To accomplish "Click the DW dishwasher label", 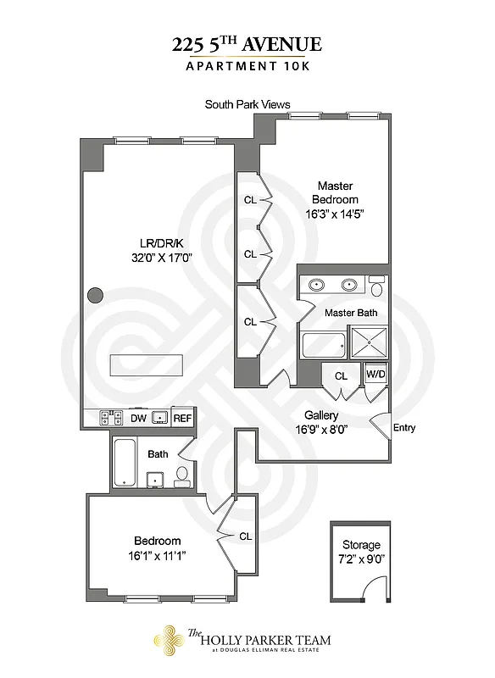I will click(x=138, y=418).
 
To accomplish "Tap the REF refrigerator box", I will click(x=182, y=418).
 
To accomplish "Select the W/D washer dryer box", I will click(x=375, y=374).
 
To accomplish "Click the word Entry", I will click(x=404, y=428).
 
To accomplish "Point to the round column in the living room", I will click(x=96, y=296).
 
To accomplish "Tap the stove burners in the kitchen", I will click(x=111, y=418).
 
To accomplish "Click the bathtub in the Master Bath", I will click(x=325, y=345).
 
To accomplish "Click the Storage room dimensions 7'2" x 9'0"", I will click(x=361, y=559).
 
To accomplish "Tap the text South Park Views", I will click(x=247, y=105).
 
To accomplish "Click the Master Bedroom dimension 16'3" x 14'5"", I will click(x=336, y=214).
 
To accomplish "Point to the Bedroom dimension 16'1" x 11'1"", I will click(x=158, y=556).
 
